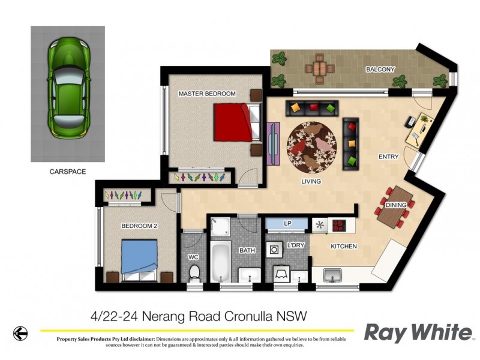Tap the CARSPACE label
tap(67, 172)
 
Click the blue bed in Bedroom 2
tap(140, 256)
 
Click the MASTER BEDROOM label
tap(207, 94)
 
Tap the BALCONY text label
tap(380, 70)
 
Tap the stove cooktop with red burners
tap(340, 226)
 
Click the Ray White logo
tap(419, 332)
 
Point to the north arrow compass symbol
tap(21, 332)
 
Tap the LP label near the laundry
tap(287, 224)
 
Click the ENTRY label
tap(388, 157)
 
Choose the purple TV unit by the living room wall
tap(273, 144)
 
